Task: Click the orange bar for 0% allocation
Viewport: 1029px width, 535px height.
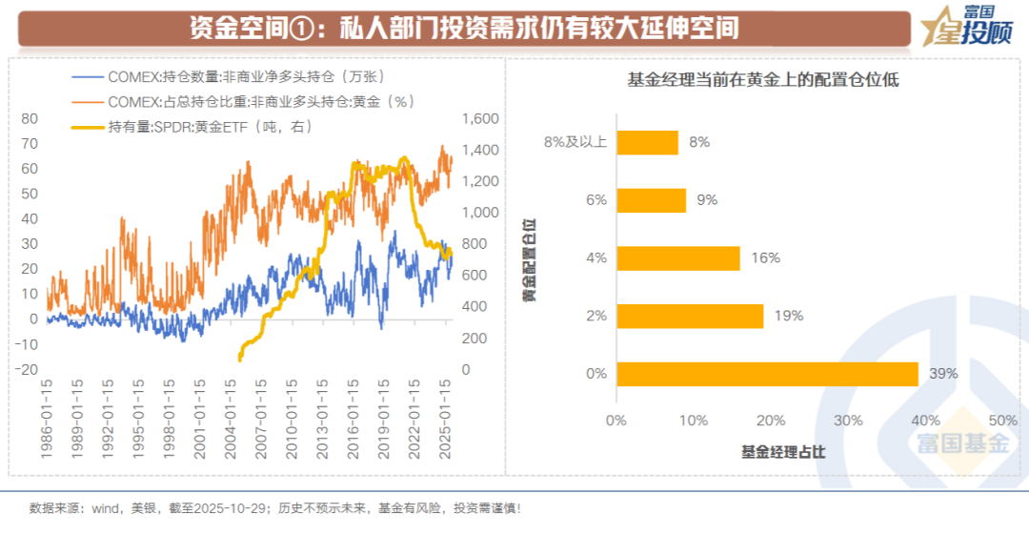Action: pos(767,374)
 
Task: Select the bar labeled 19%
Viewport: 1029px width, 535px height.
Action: pos(690,316)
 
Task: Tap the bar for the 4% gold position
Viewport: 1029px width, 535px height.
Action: pos(678,257)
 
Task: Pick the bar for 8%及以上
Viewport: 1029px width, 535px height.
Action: pos(647,142)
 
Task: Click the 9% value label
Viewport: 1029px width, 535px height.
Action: pos(706,200)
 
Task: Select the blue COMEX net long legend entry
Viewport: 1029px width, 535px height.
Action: pos(229,76)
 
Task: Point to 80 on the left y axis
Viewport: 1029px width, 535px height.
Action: pos(29,118)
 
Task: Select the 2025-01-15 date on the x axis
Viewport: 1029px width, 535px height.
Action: pos(444,420)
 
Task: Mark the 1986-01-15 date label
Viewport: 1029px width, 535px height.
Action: pos(47,420)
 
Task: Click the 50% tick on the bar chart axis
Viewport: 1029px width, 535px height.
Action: pos(1003,421)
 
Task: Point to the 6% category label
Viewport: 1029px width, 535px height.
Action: pos(596,200)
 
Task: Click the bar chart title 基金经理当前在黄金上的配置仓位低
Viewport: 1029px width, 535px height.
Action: pos(762,80)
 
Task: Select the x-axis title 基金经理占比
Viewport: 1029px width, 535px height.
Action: pos(783,451)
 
